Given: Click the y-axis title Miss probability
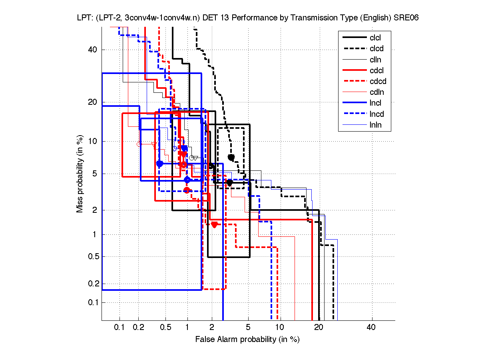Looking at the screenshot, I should pos(80,174).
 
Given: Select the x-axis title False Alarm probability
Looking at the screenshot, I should pos(247,340).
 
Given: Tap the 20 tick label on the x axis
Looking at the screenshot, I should pos(319,327).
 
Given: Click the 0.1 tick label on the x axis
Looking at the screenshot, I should pos(120,327).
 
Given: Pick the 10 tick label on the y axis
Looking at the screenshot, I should pos(93,141).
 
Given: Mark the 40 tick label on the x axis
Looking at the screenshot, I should pos(371,327).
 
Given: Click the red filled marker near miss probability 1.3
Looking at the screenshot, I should pos(214,224).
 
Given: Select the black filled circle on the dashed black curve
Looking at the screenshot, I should pos(231,157).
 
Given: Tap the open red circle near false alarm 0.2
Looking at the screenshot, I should pos(139,144).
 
